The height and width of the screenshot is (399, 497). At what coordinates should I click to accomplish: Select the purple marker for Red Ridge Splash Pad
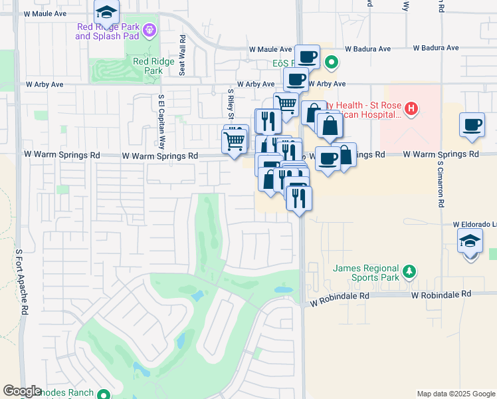click(x=151, y=30)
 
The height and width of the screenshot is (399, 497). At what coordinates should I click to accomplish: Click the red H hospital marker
click(x=411, y=108)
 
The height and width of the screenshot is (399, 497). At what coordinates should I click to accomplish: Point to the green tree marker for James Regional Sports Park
click(x=410, y=271)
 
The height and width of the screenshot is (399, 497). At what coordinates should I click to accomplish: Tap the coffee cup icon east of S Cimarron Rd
click(x=472, y=125)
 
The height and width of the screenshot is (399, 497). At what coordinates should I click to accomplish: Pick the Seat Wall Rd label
click(x=181, y=47)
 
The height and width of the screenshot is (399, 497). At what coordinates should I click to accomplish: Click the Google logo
click(x=23, y=391)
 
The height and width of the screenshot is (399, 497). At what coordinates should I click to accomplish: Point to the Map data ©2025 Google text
click(x=455, y=394)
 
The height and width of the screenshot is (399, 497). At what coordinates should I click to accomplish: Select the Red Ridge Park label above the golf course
click(x=153, y=65)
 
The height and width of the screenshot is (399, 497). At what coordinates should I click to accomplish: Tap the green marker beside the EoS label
click(x=332, y=63)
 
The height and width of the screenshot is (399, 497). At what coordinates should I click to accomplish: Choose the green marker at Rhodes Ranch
click(x=103, y=394)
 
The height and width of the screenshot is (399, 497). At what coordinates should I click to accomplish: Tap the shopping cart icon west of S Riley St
click(x=234, y=141)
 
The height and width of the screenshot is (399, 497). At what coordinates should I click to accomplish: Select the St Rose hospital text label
click(x=362, y=110)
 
